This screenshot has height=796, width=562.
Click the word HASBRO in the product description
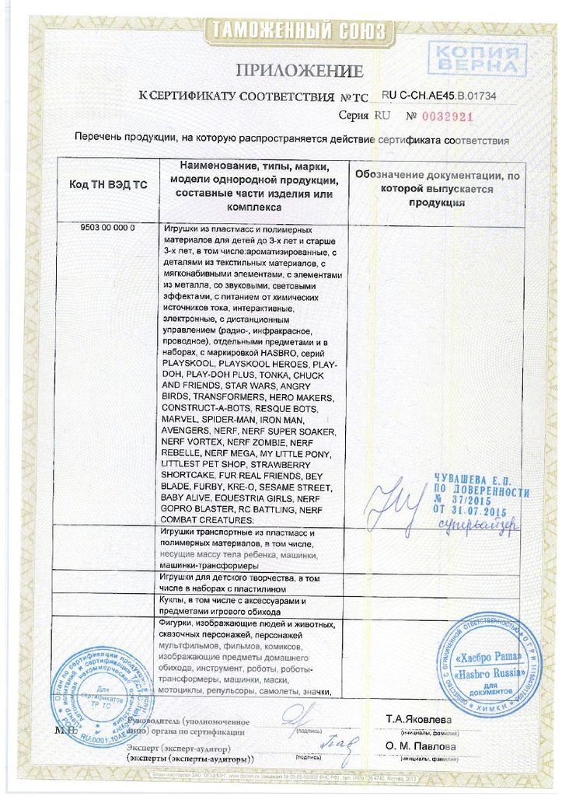click(x=278, y=352)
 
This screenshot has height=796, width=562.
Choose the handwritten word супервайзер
click(x=490, y=527)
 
